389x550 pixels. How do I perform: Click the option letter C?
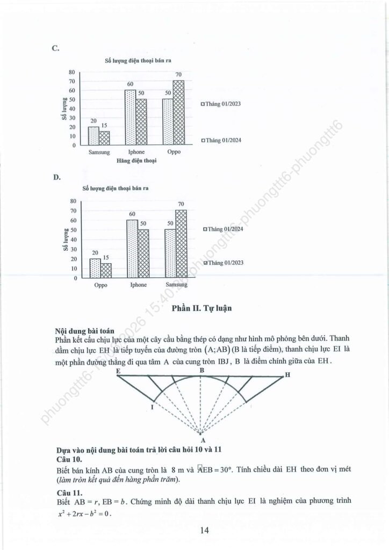[x=55, y=48]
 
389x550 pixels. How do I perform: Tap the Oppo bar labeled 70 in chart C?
[x=178, y=112]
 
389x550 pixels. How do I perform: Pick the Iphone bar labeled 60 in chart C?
[x=130, y=117]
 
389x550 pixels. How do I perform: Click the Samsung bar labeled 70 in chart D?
[x=181, y=244]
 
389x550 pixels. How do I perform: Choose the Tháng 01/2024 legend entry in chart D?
[x=222, y=229]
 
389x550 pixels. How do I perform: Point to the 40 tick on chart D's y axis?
[x=73, y=240]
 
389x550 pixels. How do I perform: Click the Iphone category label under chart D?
[x=138, y=285]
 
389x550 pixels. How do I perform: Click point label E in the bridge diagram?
[x=117, y=371]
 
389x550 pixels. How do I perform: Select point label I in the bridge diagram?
[x=152, y=409]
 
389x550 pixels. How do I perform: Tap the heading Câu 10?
[x=68, y=460]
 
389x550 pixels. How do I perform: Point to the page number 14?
[x=204, y=531]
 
